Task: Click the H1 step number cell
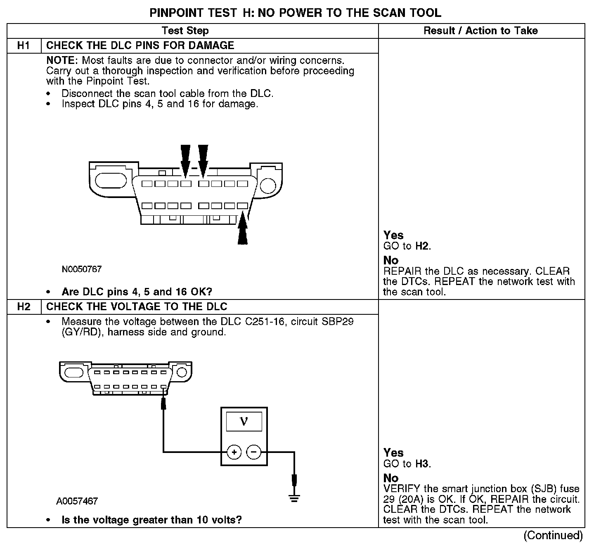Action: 24,45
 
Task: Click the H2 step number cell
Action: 24,307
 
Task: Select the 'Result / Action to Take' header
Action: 481,31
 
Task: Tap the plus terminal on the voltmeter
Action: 234,452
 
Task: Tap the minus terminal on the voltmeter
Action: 253,452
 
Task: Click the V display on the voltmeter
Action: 244,422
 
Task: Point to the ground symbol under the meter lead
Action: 294,498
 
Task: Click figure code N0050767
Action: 82,269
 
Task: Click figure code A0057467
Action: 77,501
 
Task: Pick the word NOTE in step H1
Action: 62,61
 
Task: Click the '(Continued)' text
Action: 553,535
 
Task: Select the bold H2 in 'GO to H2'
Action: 422,246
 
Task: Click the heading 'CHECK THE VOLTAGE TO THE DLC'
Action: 137,307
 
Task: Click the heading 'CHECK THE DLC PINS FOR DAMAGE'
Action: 140,45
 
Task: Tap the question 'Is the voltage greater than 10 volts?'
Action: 151,520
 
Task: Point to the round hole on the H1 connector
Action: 268,185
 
